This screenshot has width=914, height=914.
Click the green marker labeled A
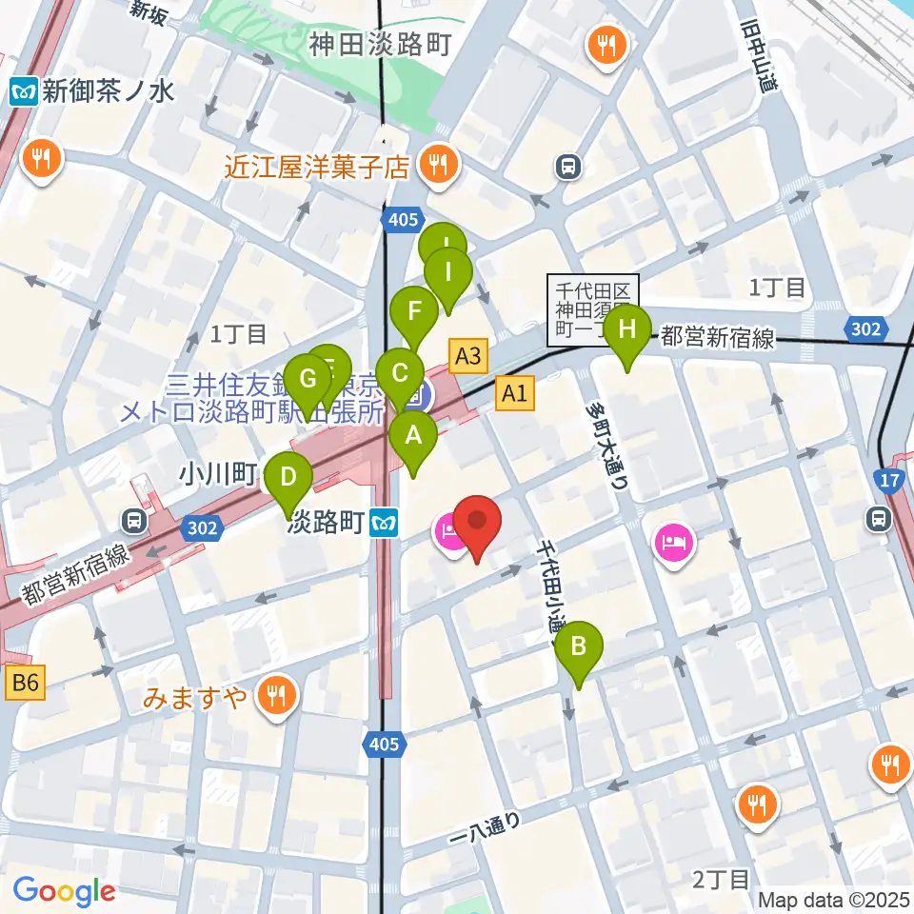pos(413,437)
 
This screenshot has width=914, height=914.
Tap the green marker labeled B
pos(578,647)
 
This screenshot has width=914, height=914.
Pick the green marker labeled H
pos(626,330)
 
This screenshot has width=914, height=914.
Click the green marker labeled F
pos(413,311)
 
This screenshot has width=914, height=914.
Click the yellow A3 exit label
pos(468,358)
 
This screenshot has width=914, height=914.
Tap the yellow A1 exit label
pos(514,392)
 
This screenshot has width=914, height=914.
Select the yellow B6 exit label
pos(26,682)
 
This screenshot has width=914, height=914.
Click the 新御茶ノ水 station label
pos(93,91)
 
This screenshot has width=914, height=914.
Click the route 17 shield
pos(892,481)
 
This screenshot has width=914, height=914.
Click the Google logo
pos(64,891)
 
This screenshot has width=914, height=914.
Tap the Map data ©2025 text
pos(833,900)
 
